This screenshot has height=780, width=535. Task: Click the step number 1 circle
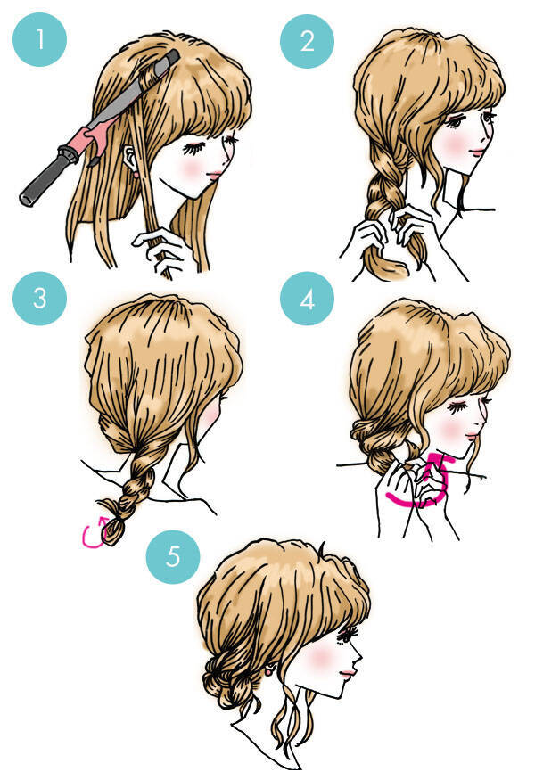[x=39, y=40]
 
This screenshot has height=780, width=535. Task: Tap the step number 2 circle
[x=307, y=41]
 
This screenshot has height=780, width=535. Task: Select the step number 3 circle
[x=39, y=298]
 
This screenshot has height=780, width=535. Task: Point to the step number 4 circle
[x=307, y=299]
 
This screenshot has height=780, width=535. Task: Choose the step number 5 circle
[x=173, y=556]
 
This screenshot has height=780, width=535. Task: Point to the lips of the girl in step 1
[x=216, y=174]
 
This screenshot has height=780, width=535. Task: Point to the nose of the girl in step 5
[x=358, y=660]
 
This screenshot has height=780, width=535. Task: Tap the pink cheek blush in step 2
[x=454, y=144]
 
